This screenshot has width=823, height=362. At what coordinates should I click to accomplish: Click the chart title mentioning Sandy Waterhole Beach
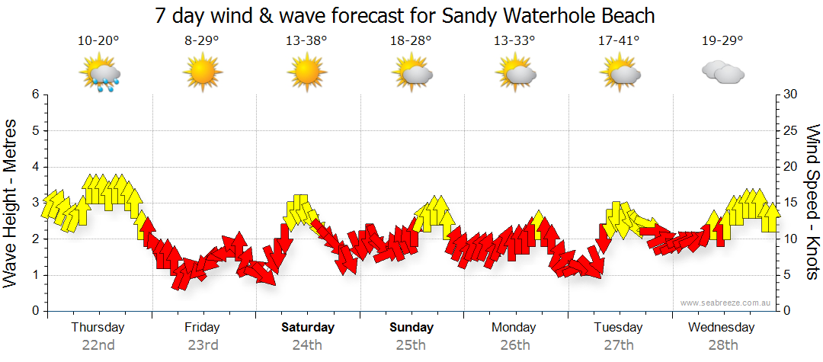(x=405, y=15)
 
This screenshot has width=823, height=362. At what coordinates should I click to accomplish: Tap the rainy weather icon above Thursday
(x=99, y=74)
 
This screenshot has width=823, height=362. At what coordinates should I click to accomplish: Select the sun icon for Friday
(x=203, y=74)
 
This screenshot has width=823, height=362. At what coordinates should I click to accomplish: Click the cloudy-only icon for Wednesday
(x=722, y=73)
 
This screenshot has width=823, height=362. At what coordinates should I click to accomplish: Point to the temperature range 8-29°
(x=203, y=41)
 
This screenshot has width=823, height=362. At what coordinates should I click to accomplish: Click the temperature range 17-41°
(x=619, y=41)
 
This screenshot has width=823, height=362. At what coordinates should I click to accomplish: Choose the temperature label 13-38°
(x=307, y=41)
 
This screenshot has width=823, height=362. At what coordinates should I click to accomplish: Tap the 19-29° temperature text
(x=722, y=41)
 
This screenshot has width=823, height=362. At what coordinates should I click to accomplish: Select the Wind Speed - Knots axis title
(x=812, y=202)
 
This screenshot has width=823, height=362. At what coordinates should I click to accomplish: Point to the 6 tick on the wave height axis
(x=34, y=95)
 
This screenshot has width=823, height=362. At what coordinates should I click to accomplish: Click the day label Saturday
(x=308, y=328)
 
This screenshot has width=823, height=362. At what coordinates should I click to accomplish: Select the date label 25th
(x=411, y=345)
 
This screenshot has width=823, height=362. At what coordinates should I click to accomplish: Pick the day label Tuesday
(x=618, y=328)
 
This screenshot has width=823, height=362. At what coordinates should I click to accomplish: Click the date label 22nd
(x=98, y=345)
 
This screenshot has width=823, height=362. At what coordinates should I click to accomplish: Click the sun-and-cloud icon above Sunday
(x=411, y=74)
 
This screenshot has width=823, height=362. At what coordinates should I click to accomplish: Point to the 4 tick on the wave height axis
(x=34, y=167)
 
